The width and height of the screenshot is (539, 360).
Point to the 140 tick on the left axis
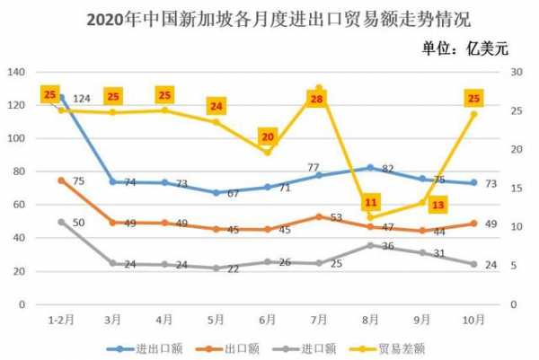[x=16, y=72]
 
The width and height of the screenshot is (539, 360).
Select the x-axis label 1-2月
[x=61, y=319]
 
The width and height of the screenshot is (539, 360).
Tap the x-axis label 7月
[x=318, y=319]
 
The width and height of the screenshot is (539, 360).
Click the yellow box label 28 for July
[x=316, y=100]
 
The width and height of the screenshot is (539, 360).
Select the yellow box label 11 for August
[x=370, y=202]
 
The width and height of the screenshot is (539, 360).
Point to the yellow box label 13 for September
[x=437, y=206]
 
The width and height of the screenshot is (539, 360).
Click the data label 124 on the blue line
[x=83, y=98]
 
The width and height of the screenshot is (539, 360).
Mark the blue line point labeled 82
[x=370, y=167]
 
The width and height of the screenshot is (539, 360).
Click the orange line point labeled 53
[x=318, y=216]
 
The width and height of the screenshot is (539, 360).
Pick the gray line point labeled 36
[x=370, y=245]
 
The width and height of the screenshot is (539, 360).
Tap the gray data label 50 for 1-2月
[x=78, y=223]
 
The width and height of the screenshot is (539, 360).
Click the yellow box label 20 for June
[x=267, y=137]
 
